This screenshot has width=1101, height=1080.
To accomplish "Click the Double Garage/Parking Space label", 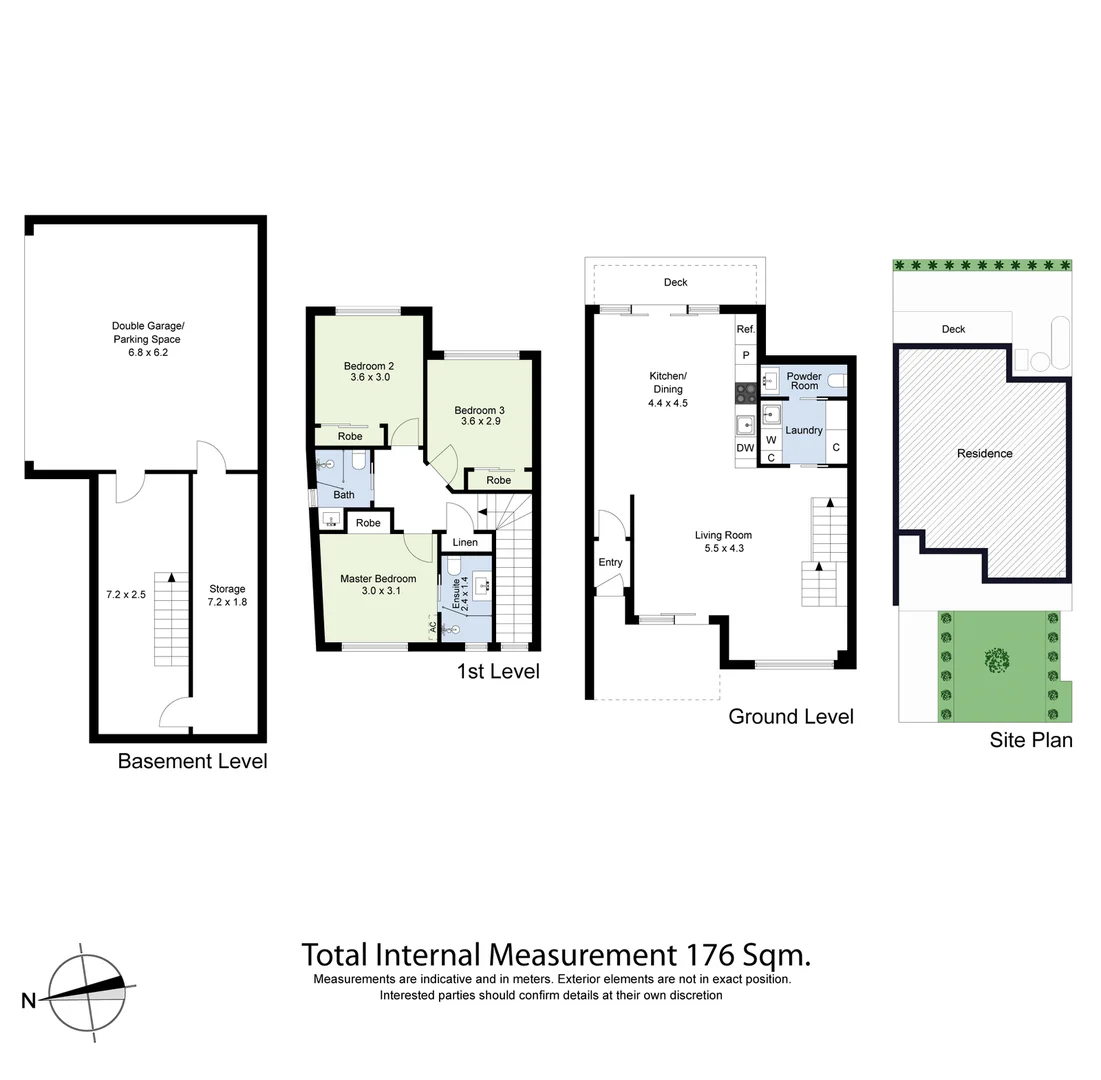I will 147,339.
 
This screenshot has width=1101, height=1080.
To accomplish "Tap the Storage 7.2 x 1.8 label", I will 226,595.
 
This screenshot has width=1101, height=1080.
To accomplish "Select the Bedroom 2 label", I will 368,371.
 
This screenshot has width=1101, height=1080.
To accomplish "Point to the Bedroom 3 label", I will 479,415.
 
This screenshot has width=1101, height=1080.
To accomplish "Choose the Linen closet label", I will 465,542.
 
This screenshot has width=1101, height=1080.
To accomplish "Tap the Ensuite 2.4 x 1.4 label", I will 459,594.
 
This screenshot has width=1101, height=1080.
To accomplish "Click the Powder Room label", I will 804,381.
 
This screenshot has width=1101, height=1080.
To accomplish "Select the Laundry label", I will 804,430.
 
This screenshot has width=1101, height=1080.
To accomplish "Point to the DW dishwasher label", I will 745,448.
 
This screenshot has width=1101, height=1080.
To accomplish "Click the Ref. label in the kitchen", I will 745,329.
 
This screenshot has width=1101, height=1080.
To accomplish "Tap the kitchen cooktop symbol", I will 746,393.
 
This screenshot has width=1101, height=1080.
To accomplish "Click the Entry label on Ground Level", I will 610,562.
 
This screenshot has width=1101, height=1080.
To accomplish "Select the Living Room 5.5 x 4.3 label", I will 723,541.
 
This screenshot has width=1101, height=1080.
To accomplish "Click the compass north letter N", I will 29,1000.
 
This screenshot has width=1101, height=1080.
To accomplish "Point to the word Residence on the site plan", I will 984,453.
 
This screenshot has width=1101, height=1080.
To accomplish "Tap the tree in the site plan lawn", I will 996,661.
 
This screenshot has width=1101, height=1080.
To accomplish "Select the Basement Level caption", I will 192,761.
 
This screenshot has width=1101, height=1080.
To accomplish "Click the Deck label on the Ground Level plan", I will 676,282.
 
